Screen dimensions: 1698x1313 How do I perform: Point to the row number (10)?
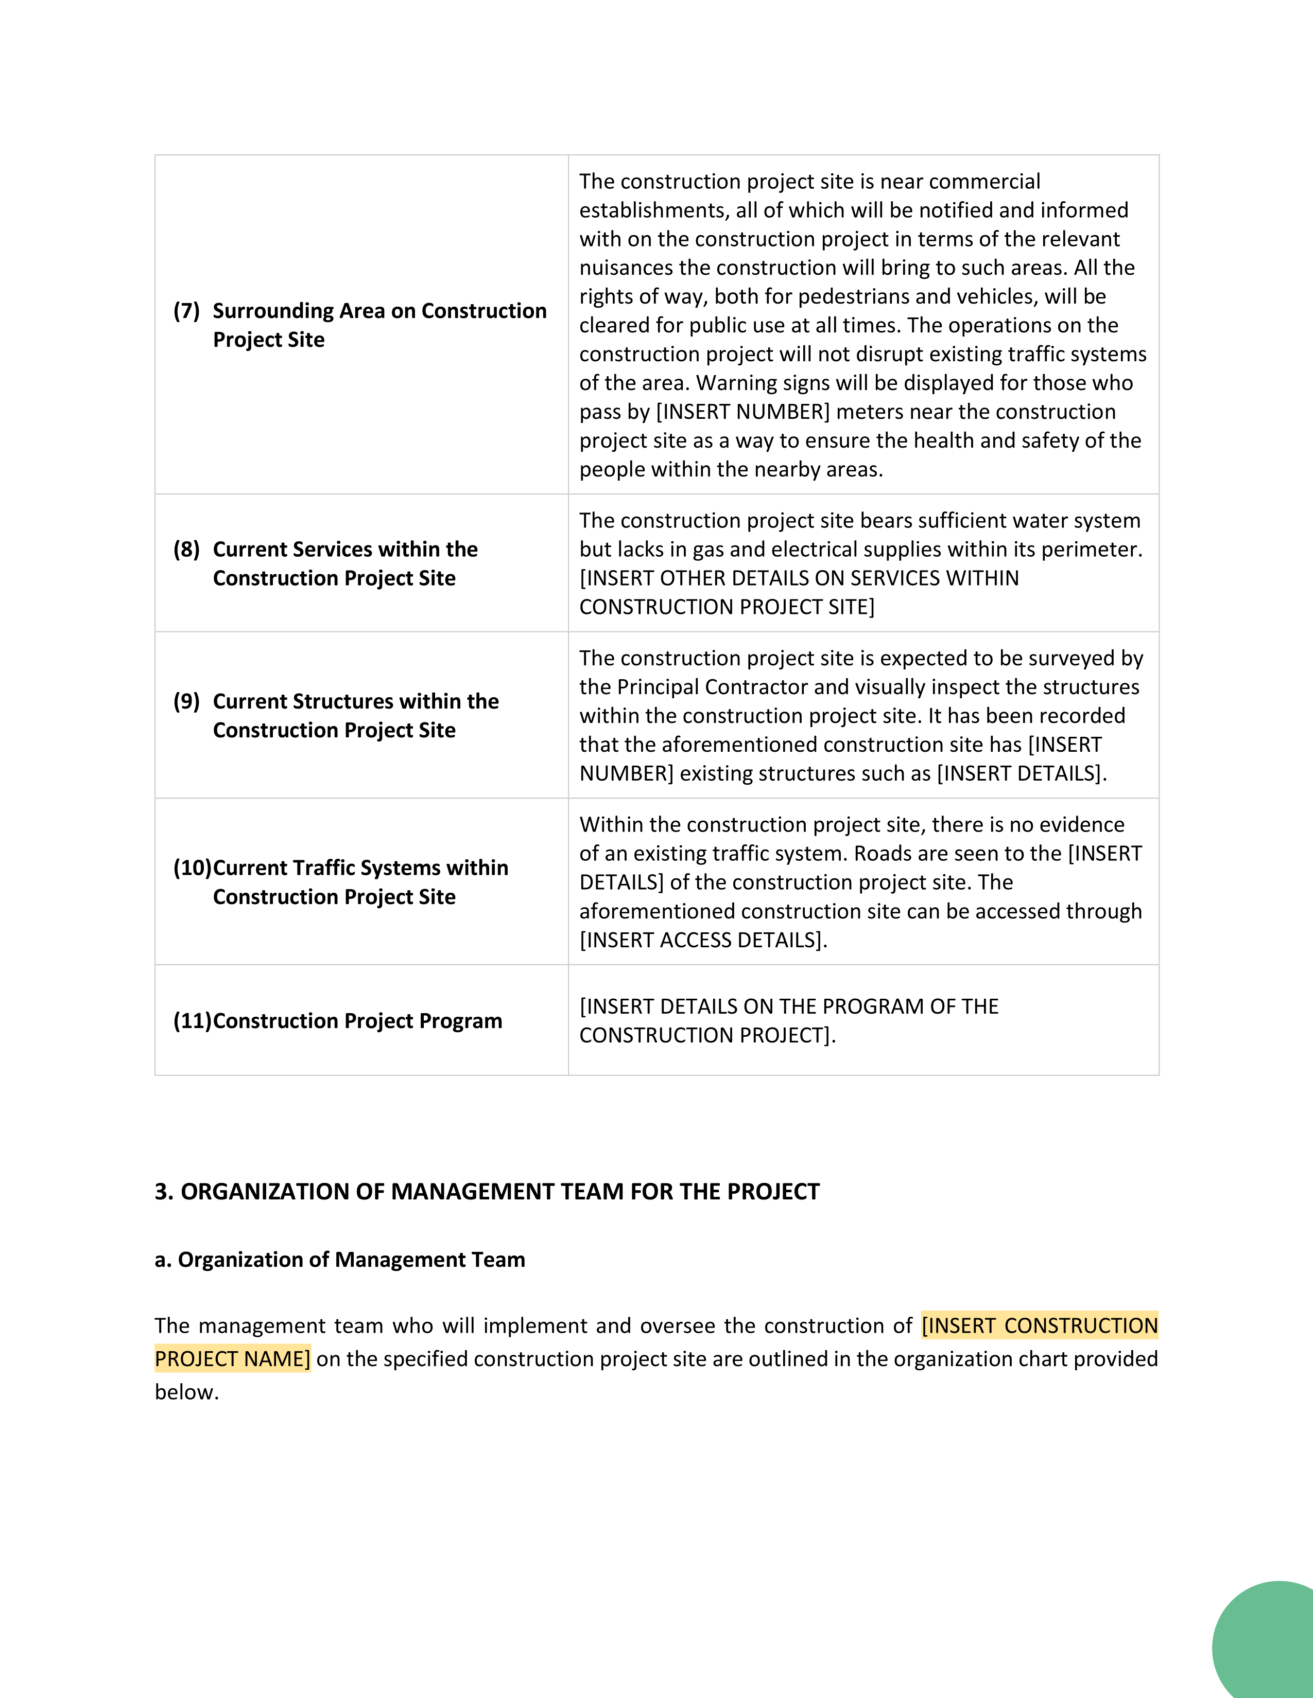tap(192, 868)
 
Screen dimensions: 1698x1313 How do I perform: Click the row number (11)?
tap(192, 1021)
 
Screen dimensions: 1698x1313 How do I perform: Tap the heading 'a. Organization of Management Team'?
tap(340, 1260)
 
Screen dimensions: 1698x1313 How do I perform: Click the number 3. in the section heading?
tap(163, 1192)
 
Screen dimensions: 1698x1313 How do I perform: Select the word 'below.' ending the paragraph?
tap(187, 1392)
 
